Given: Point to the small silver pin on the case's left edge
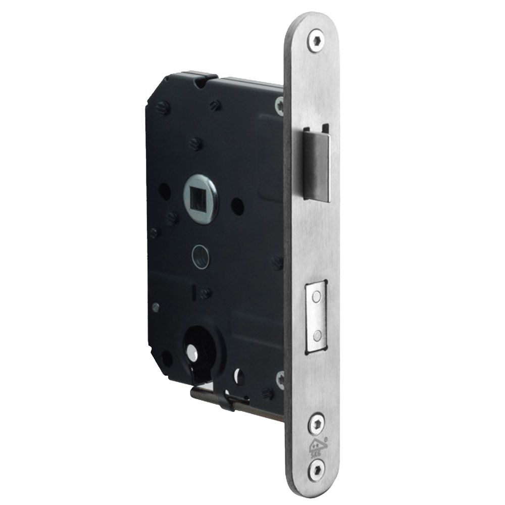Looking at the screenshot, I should (x=156, y=306).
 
